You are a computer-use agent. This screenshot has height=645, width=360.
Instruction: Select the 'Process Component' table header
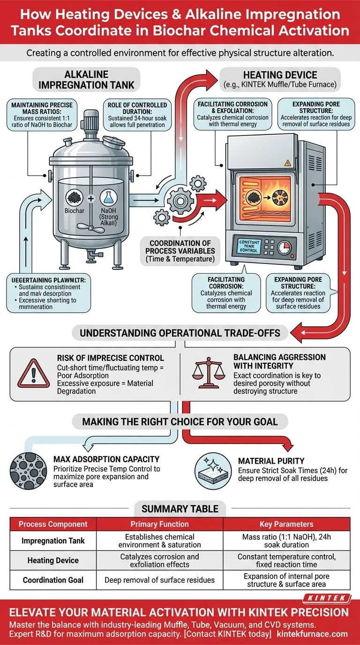pyautogui.click(x=53, y=524)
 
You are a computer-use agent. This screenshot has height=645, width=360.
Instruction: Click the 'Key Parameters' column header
pyautogui.click(x=286, y=524)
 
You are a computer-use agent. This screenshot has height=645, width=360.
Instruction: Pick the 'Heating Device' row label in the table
pyautogui.click(x=53, y=560)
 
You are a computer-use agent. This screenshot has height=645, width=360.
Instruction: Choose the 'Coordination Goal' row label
pyautogui.click(x=53, y=580)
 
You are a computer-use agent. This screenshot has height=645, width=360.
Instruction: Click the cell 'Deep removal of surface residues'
pyautogui.click(x=159, y=580)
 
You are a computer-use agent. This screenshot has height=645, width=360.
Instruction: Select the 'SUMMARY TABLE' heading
pyautogui.click(x=180, y=508)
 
